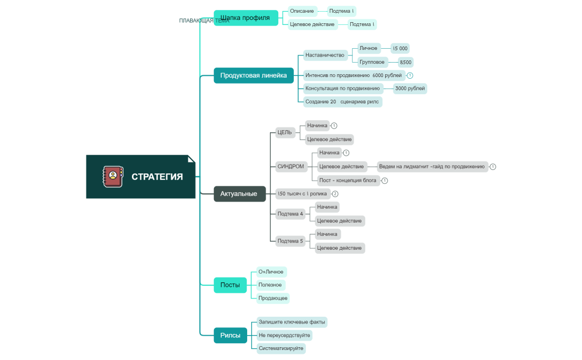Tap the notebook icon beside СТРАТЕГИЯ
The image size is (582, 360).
(113, 177)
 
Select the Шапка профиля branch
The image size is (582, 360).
(246, 18)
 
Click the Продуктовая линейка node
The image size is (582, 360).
(253, 75)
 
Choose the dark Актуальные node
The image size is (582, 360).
(239, 194)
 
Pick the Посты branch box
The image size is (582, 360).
(230, 285)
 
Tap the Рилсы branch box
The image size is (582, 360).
(230, 335)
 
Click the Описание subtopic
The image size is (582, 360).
(302, 11)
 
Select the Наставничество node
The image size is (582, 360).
(325, 55)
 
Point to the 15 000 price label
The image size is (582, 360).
(400, 49)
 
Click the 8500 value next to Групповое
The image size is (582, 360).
(406, 63)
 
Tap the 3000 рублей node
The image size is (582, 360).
(410, 89)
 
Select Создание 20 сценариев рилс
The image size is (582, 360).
(342, 102)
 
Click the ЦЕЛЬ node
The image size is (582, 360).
(285, 132)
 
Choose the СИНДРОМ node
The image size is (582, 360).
(291, 166)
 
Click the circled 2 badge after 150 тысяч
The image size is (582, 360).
(335, 194)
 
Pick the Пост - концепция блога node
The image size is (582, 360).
(348, 181)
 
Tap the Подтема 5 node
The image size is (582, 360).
(290, 241)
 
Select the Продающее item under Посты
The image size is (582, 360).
(273, 298)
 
